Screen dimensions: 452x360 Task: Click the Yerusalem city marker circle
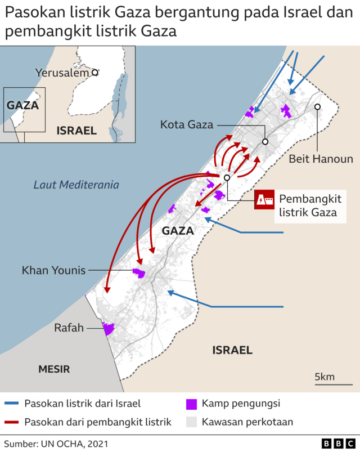tap(95, 72)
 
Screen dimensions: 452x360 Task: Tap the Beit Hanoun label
tap(321, 159)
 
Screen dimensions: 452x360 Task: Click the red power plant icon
tap(264, 200)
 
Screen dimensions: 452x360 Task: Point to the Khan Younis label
tap(53, 271)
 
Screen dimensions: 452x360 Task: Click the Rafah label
tap(69, 328)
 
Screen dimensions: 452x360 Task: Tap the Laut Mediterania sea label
tap(76, 184)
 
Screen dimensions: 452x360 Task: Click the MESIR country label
tap(54, 369)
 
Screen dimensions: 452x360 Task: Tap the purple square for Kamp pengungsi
tap(192, 404)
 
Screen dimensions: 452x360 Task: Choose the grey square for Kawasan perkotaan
tap(192, 422)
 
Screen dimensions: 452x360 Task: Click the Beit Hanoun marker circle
tap(318, 106)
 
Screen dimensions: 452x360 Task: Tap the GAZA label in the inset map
tap(22, 105)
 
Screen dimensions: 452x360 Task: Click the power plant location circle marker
tap(227, 178)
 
